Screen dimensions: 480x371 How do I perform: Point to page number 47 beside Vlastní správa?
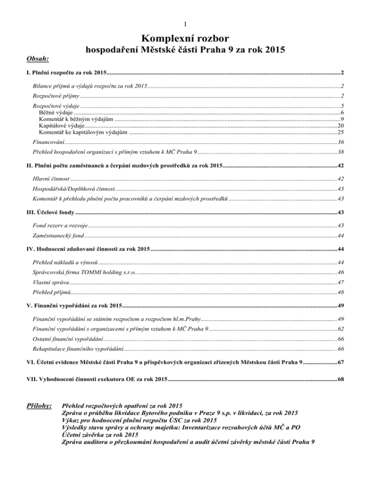341,282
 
